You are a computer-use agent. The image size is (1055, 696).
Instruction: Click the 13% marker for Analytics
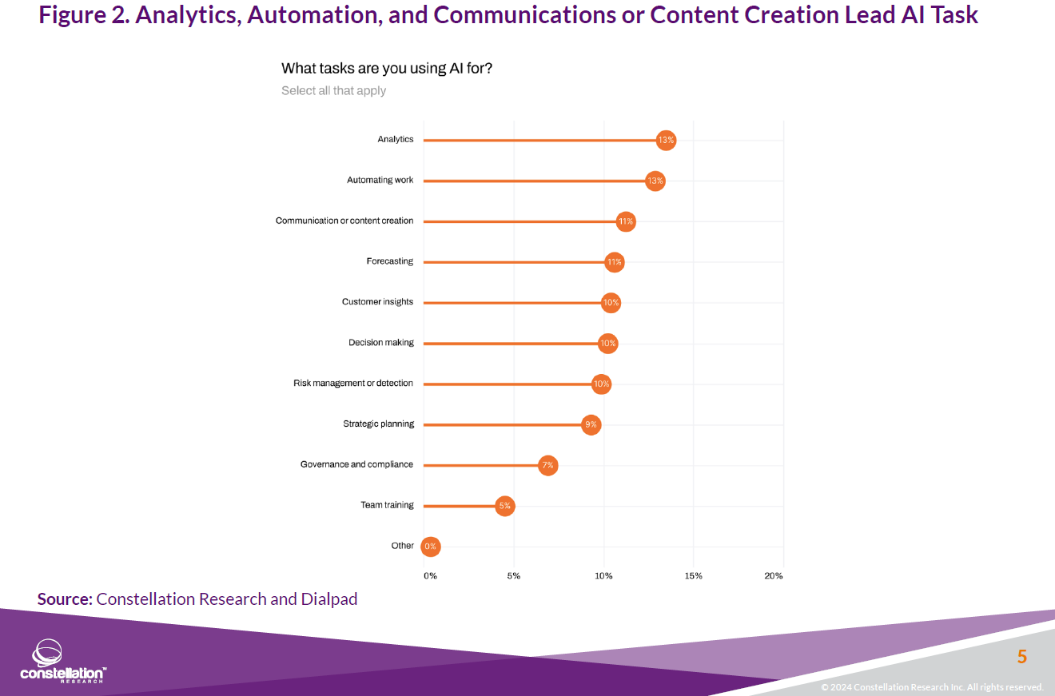666,140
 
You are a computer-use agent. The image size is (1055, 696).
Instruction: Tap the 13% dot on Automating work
655,181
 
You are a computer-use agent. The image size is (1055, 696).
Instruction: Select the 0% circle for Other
431,547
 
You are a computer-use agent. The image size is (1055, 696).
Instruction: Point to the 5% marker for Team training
504,506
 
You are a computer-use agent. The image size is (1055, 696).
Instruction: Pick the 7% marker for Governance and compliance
547,465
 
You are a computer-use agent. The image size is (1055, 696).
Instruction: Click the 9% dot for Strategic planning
591,424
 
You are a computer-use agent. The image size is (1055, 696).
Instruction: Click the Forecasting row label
390,261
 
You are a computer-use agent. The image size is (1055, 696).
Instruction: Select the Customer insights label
377,302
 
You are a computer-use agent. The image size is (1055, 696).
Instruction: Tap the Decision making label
381,343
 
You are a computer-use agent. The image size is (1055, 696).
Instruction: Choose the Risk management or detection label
353,384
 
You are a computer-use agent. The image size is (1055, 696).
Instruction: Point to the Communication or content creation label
344,221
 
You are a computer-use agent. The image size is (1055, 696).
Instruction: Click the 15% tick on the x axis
693,576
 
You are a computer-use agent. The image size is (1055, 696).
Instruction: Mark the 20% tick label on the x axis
774,576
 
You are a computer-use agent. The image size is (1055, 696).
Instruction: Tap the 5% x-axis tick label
513,576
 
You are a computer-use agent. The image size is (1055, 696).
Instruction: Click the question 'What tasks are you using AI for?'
387,69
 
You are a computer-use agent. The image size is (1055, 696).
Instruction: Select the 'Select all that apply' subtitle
333,91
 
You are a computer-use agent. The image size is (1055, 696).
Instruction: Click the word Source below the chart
65,599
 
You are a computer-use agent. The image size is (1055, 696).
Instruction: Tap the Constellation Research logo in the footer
62,661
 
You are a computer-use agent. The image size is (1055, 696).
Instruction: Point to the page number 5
1021,657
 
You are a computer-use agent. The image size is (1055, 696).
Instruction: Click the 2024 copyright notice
932,687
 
